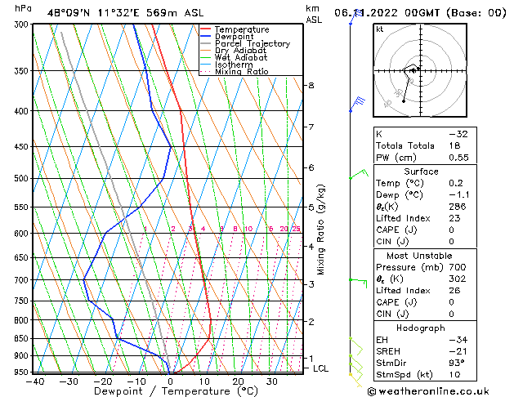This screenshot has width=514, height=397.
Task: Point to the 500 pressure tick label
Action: click(x=22, y=178)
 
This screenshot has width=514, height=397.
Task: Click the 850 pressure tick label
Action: click(x=22, y=338)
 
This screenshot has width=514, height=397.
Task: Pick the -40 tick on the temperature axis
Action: click(x=34, y=381)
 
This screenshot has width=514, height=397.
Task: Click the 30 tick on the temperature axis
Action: click(x=271, y=381)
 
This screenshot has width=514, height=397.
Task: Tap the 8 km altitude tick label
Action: click(x=311, y=85)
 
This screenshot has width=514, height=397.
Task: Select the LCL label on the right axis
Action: click(x=321, y=368)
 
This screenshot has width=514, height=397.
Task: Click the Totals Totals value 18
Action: click(x=454, y=145)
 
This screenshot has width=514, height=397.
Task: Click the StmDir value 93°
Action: click(x=457, y=363)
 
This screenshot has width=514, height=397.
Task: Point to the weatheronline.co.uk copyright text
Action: click(x=439, y=391)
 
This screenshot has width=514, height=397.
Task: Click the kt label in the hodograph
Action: click(x=380, y=29)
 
